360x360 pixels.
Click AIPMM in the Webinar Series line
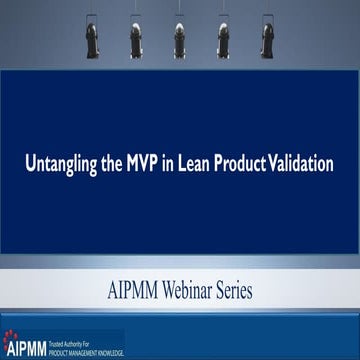(x=134, y=291)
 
